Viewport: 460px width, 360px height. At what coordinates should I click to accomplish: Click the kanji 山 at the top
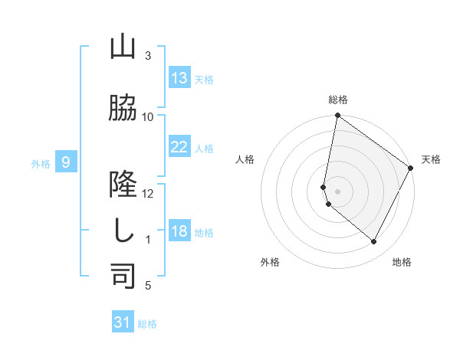tap(123, 48)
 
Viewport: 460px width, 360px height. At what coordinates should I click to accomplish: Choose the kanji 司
tap(123, 277)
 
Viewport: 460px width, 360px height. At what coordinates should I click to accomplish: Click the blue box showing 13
tap(179, 78)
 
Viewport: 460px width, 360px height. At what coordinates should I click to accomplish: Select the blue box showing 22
tap(179, 147)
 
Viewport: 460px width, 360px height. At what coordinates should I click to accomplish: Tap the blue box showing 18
tap(179, 231)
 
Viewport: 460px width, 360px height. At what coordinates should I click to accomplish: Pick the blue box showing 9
tap(67, 162)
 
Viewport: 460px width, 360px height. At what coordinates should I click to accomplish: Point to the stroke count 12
tap(148, 193)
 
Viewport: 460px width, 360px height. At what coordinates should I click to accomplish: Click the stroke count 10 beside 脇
tap(148, 116)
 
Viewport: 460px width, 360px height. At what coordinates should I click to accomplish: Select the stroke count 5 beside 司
tap(148, 286)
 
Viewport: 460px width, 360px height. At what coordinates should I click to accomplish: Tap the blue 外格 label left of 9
tap(41, 163)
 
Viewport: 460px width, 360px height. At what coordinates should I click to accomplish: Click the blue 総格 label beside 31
tap(147, 324)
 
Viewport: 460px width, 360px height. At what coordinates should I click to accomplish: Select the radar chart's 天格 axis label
tap(431, 159)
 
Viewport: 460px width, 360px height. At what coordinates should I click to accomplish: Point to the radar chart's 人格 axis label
tap(245, 159)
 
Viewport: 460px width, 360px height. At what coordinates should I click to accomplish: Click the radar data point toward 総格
tap(337, 116)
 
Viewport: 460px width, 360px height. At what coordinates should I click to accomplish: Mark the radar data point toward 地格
tap(374, 242)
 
